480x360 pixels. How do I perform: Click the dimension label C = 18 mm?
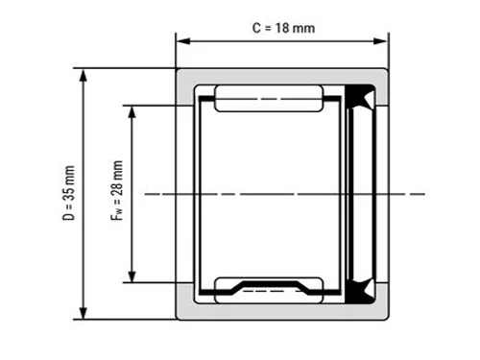click(x=283, y=28)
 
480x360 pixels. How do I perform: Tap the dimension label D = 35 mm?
click(x=69, y=193)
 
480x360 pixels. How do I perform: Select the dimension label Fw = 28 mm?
click(x=117, y=191)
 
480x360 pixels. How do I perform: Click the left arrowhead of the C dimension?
click(x=183, y=41)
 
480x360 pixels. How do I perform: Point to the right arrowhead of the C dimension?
click(x=381, y=41)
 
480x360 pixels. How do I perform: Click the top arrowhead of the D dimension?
click(x=84, y=76)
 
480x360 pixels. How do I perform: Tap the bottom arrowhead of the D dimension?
click(x=84, y=312)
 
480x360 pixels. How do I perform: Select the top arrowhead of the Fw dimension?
click(x=132, y=112)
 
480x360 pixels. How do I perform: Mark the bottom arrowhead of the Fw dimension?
click(x=132, y=276)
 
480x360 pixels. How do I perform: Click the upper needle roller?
click(x=269, y=99)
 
